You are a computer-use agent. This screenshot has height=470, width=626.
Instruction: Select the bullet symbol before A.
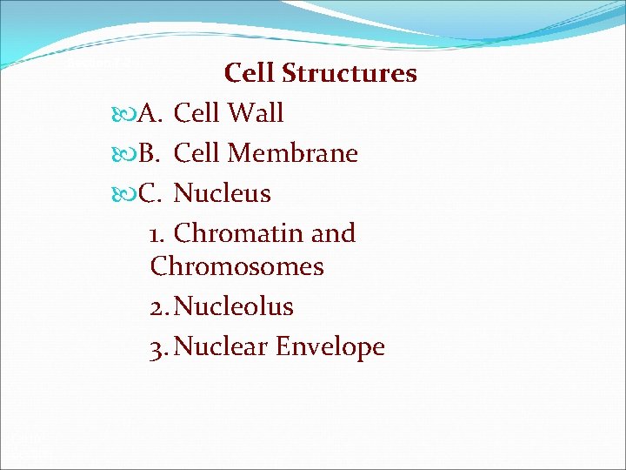(x=124, y=113)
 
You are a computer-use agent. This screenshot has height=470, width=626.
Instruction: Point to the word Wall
(x=256, y=113)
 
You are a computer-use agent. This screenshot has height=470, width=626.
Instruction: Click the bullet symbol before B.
(x=124, y=153)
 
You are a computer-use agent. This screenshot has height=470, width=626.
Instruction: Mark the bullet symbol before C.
(x=124, y=193)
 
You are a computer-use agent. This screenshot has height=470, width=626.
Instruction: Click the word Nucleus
(x=223, y=193)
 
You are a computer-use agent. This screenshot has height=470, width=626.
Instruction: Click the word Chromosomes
(x=236, y=266)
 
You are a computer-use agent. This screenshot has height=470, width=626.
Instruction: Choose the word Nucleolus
(x=234, y=306)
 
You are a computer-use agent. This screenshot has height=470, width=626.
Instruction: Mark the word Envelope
(x=330, y=347)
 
